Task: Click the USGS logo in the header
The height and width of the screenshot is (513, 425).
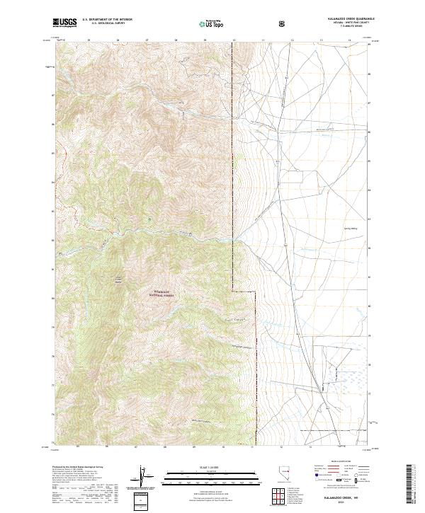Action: click(64, 23)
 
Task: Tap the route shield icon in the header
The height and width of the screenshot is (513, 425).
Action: click(284, 23)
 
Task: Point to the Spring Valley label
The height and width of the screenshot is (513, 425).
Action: click(348, 219)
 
